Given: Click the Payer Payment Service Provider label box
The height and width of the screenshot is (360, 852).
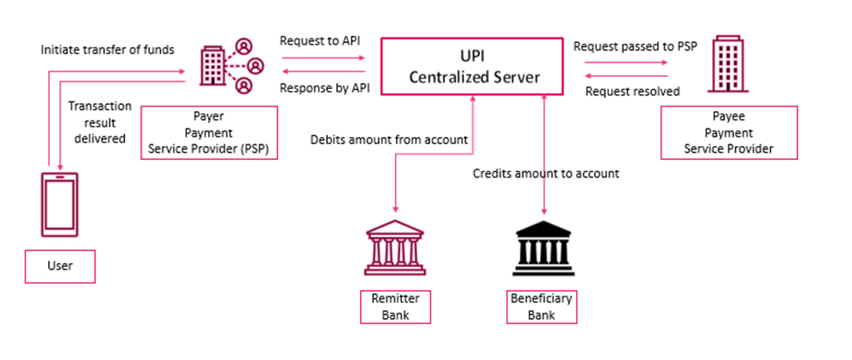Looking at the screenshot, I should (x=209, y=133).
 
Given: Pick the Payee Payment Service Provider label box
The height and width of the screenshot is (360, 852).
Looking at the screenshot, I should (x=729, y=133).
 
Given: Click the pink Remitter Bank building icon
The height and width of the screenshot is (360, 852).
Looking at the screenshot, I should (x=396, y=248).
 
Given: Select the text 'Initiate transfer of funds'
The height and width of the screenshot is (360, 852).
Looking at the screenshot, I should (x=107, y=50).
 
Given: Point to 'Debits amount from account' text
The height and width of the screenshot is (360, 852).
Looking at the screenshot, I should (x=390, y=140).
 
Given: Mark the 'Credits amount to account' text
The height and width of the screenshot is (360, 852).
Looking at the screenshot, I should (x=546, y=173).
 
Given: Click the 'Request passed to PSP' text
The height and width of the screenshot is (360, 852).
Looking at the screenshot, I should (x=634, y=45).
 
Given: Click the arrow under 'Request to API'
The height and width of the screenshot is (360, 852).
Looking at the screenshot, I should (x=322, y=59).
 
